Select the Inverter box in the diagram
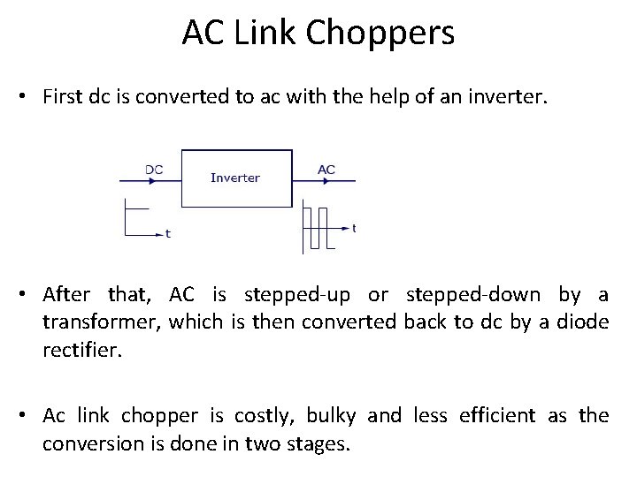point(234,178)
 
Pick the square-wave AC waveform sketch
point(316,224)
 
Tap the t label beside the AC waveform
point(354,228)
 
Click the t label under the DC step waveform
point(168,234)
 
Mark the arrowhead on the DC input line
point(153,182)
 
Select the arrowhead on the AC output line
point(326,182)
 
